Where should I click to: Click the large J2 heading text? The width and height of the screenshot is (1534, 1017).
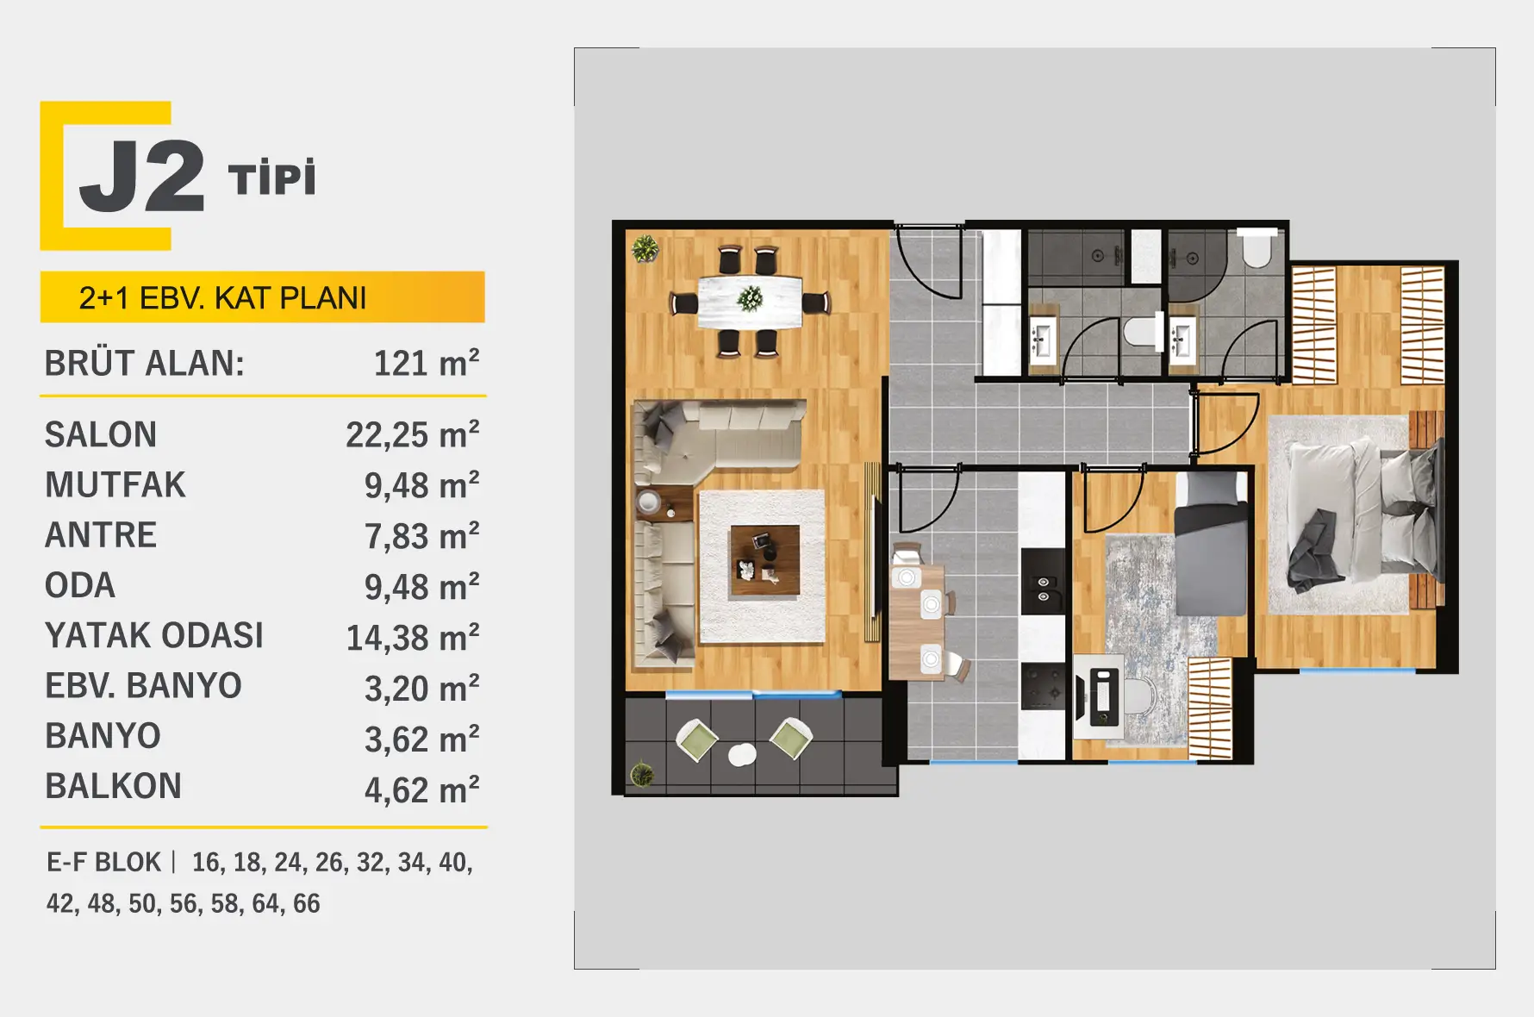tap(142, 177)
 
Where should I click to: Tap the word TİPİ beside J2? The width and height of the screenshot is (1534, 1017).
tap(272, 178)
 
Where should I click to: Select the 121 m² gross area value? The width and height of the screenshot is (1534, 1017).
tap(427, 363)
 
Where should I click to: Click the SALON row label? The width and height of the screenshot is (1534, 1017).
tap(101, 434)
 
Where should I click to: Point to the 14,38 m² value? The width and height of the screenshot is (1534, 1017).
tap(413, 637)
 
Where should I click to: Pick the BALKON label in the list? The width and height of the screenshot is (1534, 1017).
tap(114, 786)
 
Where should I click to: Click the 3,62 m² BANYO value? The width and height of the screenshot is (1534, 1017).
tap(422, 739)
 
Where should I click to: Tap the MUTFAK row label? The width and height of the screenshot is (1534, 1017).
tap(115, 484)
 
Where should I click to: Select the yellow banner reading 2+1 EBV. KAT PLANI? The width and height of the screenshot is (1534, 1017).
tap(263, 297)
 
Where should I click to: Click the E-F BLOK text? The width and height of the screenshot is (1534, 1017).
tap(103, 862)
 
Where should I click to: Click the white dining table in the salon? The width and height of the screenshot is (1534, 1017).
tap(750, 301)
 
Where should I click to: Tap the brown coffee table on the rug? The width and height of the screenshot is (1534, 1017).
tap(764, 560)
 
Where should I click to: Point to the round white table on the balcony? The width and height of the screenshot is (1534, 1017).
tap(742, 755)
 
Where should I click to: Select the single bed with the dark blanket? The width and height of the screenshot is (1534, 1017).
tap(1211, 543)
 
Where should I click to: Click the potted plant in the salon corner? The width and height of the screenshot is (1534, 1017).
tap(645, 249)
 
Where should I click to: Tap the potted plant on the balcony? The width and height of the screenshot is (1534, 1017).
tap(641, 773)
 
